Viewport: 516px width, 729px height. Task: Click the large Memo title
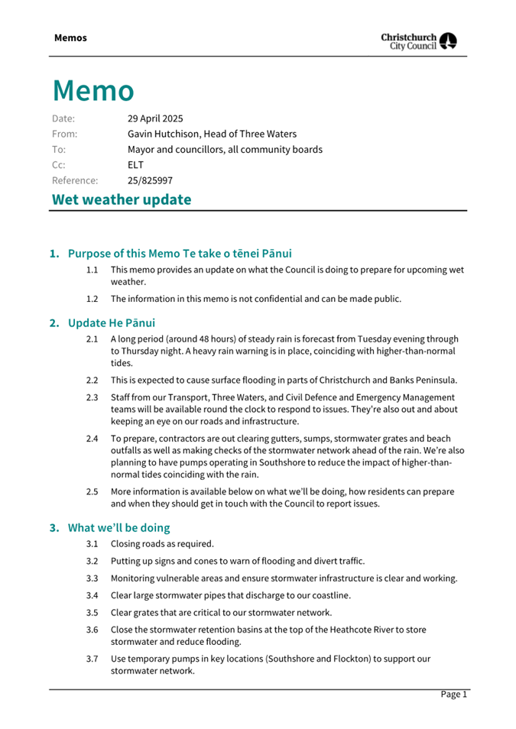click(x=93, y=90)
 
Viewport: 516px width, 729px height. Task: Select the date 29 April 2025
click(x=155, y=118)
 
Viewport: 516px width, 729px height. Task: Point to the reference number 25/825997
click(x=150, y=181)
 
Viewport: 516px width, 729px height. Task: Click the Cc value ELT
click(x=135, y=165)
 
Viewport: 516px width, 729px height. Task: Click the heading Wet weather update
click(x=121, y=199)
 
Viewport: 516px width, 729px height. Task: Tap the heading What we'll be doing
click(x=118, y=527)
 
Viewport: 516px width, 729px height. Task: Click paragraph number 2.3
click(x=92, y=397)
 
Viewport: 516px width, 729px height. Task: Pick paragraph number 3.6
click(x=92, y=630)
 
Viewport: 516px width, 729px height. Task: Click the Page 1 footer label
click(x=453, y=695)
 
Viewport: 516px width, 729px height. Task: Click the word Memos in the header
click(x=70, y=37)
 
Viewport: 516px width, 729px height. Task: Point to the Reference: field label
click(x=75, y=181)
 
